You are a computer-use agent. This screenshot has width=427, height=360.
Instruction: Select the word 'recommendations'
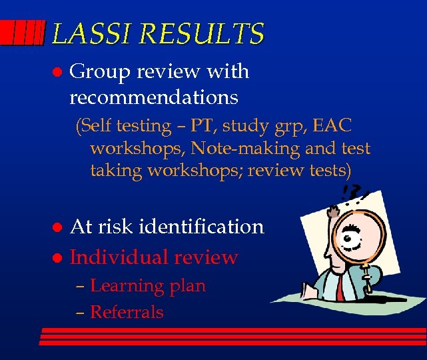click(x=154, y=98)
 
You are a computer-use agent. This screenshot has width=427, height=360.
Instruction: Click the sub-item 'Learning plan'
click(x=147, y=286)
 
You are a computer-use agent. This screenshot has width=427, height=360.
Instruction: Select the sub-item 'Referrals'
click(x=127, y=311)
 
